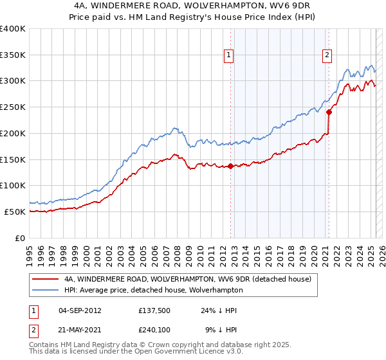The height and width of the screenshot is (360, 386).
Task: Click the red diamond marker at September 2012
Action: [230, 166]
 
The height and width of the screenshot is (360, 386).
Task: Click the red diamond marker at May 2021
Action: [329, 112]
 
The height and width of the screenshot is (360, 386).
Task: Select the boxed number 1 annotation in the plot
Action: [230, 56]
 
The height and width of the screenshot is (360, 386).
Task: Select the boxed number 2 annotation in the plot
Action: [327, 56]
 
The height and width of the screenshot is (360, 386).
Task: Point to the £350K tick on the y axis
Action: [13, 55]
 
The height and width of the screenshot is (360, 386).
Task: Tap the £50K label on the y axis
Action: [15, 212]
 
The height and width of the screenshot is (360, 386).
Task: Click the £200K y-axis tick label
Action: [13, 133]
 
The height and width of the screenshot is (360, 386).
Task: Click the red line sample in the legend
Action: [46, 280]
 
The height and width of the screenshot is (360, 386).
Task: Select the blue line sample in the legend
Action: [46, 291]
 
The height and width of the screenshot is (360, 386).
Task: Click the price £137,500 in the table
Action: [153, 310]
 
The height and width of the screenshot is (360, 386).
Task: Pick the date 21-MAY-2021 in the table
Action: [79, 329]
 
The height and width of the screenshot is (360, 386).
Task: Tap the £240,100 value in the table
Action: [153, 329]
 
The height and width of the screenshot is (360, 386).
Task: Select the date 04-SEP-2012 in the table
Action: [79, 310]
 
